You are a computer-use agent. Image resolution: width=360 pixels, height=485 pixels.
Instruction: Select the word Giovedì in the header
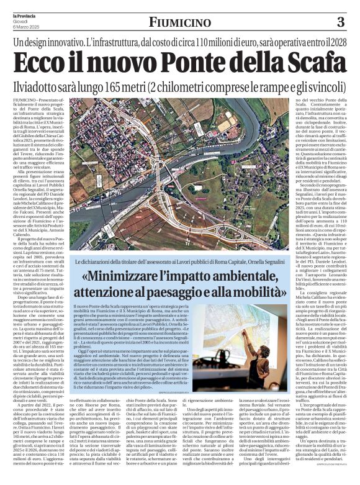(20, 20)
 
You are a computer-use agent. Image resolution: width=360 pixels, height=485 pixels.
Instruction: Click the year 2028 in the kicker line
(334, 43)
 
